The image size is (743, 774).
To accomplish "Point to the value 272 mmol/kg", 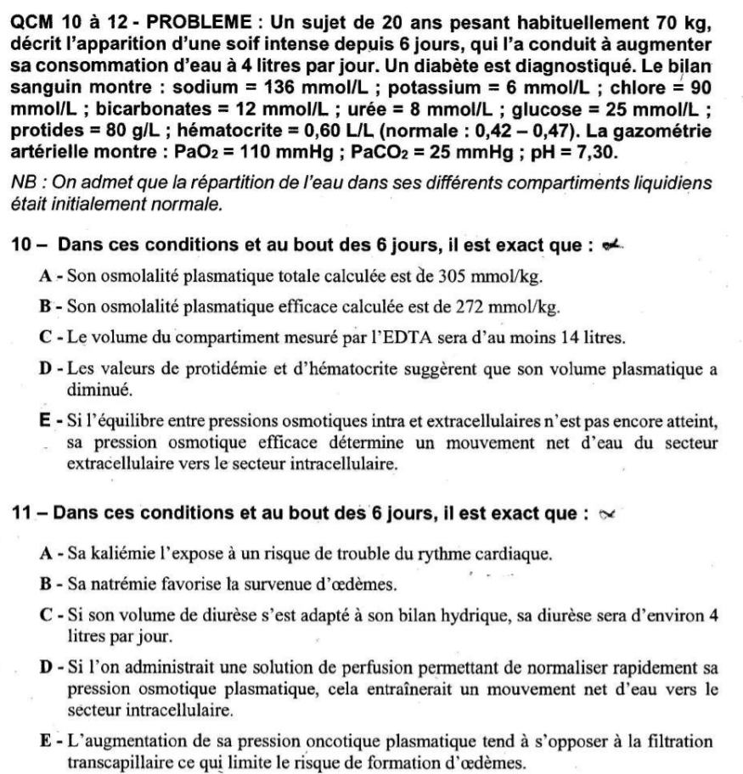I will (x=521, y=306).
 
